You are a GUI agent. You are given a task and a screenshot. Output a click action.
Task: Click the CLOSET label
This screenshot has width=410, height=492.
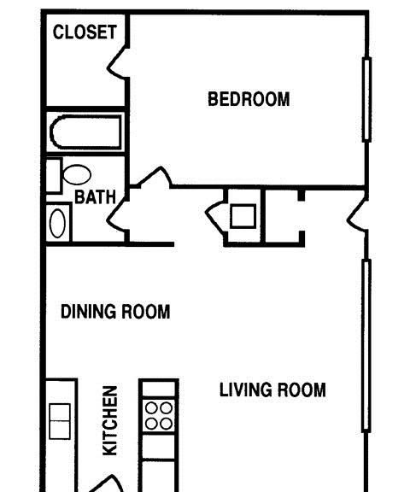coord(85,32)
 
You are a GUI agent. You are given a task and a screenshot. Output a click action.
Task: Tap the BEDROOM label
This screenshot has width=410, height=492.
coord(249,99)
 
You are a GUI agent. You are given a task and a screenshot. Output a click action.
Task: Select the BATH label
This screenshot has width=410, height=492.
coord(95,197)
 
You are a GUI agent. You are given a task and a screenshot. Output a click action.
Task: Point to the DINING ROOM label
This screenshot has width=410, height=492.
coord(115,312)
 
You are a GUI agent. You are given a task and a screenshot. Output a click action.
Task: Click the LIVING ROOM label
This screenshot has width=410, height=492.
coord(272,389)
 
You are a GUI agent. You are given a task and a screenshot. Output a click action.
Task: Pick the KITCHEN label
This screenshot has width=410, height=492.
coord(110,420)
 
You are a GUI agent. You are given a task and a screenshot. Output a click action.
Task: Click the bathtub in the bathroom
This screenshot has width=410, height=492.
coord(85,132)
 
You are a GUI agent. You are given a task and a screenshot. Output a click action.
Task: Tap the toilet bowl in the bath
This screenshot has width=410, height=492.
coord(77,175)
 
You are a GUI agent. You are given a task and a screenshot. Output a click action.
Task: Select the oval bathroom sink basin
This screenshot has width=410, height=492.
coord(57,224)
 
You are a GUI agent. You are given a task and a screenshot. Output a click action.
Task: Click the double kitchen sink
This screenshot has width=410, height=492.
coord(60,421)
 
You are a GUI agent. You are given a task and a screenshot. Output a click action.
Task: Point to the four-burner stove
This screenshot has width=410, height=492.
coord(159,416)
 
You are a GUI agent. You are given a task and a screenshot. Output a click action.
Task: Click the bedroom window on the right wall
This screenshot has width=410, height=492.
coord(366,99)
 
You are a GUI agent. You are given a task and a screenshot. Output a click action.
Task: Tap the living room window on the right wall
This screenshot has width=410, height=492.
coord(366,346)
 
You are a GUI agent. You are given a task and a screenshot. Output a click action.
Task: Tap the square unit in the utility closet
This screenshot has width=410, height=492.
coord(243,216)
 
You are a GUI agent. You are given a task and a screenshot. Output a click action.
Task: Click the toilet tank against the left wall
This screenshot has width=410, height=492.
coord(54,175)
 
